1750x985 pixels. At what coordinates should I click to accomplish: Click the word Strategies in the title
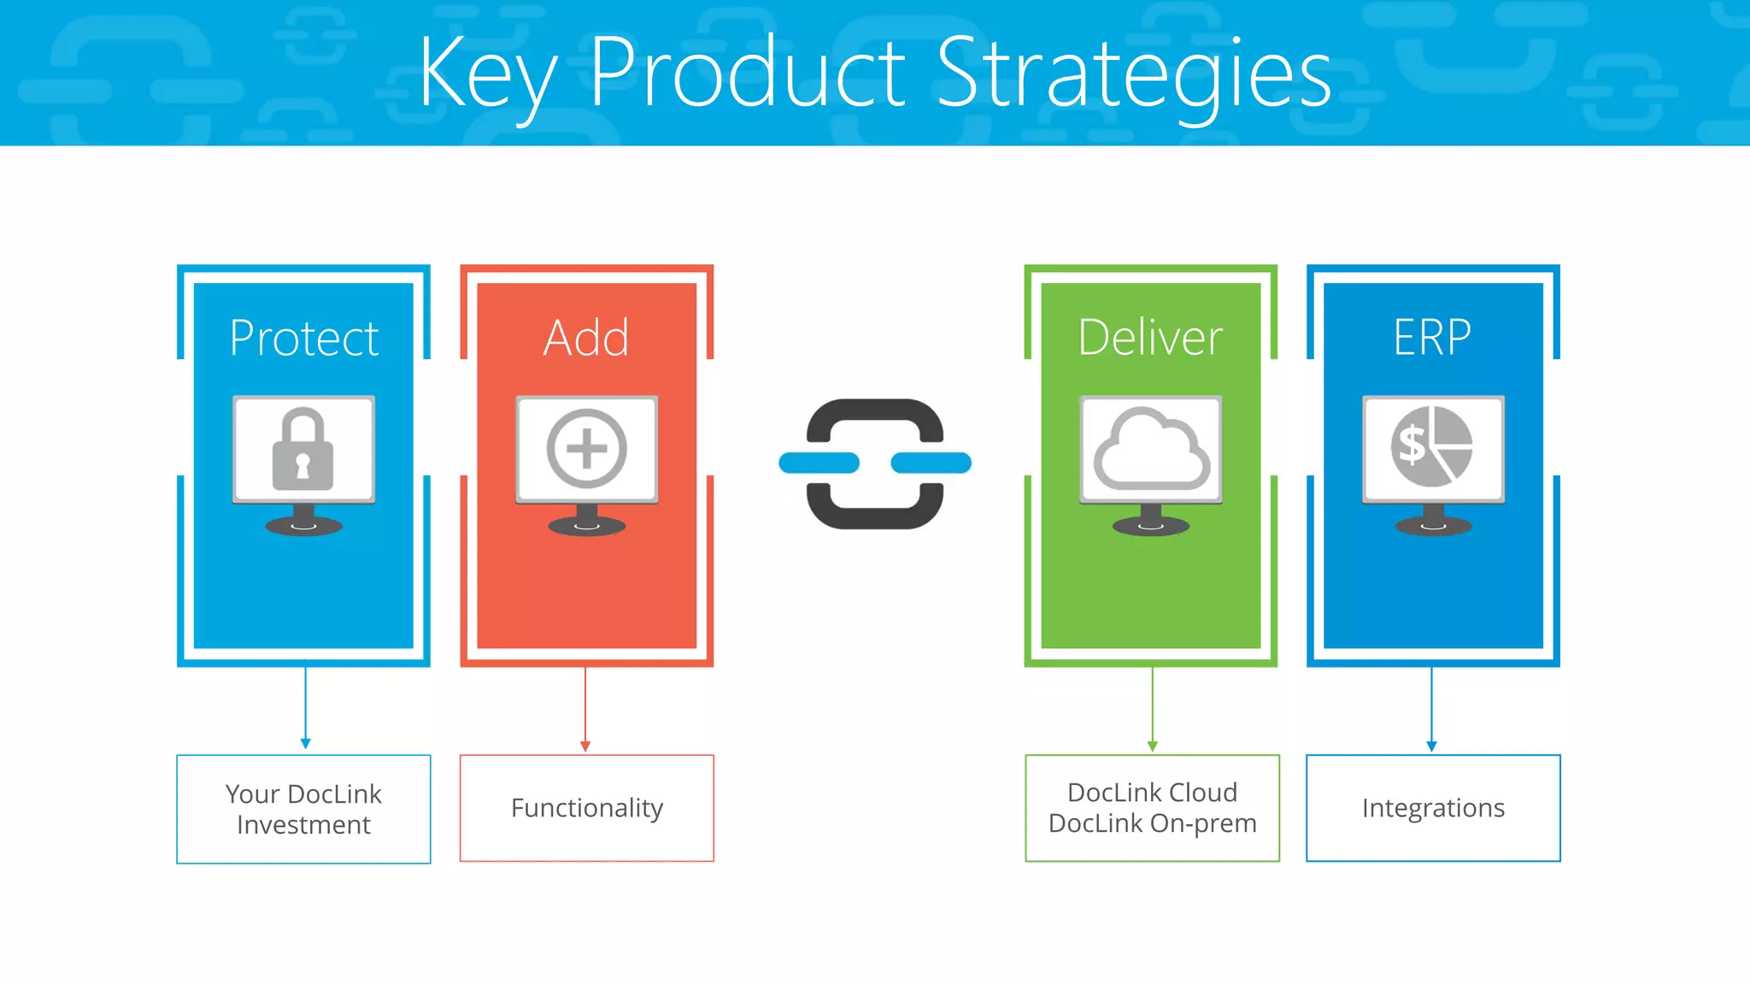[1134, 75]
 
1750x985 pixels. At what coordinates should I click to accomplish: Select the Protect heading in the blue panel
[303, 338]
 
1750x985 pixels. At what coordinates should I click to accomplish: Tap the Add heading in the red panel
[586, 338]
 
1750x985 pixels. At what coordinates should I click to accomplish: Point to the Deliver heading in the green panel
[1150, 338]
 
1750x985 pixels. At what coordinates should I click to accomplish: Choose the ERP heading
[1432, 338]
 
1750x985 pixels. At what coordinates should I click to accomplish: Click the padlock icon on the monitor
[302, 450]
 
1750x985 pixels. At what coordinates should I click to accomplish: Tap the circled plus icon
[586, 449]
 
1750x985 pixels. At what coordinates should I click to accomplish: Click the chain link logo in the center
[875, 463]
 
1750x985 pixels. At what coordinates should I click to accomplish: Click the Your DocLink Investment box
[303, 809]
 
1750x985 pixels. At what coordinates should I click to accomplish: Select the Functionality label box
[586, 808]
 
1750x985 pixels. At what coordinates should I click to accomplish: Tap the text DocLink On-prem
[1152, 823]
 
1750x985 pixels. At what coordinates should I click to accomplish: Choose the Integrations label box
[1433, 808]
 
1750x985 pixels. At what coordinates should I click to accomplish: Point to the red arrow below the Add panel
[585, 710]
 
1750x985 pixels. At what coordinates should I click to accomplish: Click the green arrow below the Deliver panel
[1152, 710]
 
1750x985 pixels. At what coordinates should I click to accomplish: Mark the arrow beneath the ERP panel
[1432, 710]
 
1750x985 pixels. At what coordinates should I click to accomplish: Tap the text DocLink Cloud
[1152, 793]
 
